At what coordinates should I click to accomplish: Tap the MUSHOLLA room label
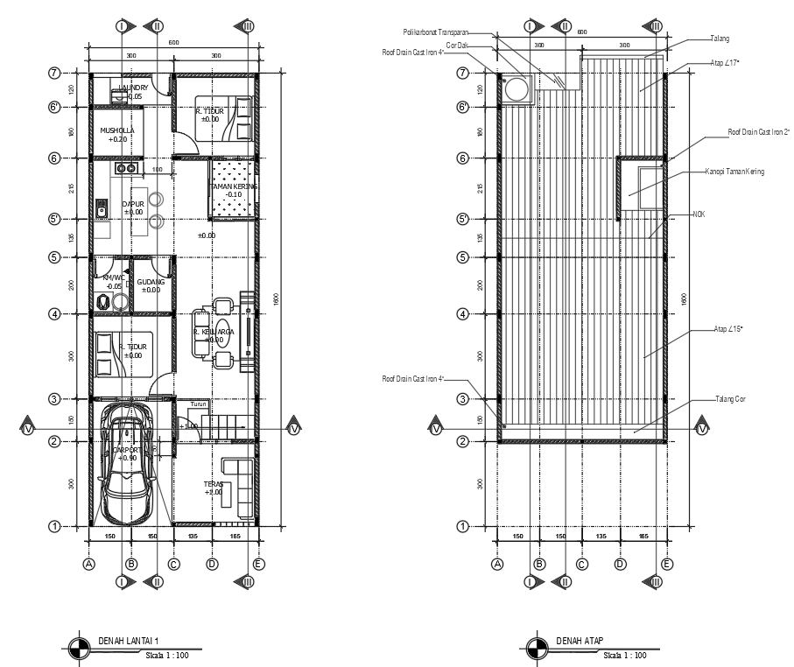[x=117, y=130]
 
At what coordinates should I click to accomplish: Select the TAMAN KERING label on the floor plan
[x=234, y=186]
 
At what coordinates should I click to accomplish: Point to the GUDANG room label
[x=150, y=282]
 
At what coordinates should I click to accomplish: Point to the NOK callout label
[x=698, y=214]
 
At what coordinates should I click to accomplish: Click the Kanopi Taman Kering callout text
[x=734, y=172]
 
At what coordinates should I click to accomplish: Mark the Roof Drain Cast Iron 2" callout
[x=758, y=132]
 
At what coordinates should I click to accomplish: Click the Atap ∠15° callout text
[x=728, y=329]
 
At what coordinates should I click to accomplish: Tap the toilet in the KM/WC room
[x=103, y=302]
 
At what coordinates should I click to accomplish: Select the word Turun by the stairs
[x=199, y=404]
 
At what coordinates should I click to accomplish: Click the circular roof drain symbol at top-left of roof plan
[x=517, y=88]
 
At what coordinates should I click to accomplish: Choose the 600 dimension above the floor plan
[x=174, y=43]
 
